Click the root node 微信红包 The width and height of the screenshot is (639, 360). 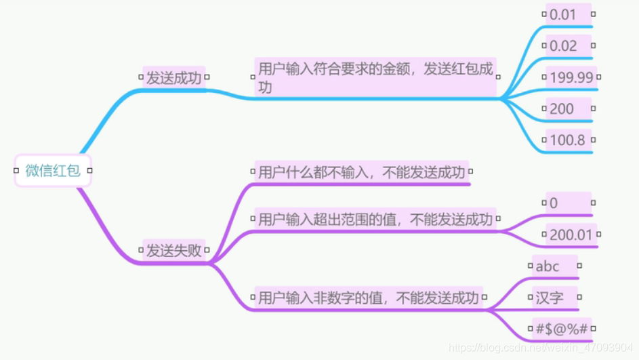53,171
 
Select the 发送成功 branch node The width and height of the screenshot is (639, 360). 174,78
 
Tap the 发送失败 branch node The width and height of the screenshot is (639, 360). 174,250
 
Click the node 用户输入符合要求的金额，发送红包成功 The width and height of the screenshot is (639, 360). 375,77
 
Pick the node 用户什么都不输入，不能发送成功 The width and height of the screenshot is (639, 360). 362,172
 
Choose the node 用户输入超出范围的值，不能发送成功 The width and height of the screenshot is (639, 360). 375,219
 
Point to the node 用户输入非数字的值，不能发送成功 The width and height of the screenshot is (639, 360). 369,298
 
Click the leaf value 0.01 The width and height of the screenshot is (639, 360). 563,14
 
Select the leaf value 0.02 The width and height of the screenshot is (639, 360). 563,46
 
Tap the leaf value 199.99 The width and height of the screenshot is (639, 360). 571,77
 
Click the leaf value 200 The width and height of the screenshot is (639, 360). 562,108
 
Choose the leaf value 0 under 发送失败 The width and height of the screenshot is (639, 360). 554,203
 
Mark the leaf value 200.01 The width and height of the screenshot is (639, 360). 571,235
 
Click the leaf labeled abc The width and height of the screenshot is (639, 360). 548,266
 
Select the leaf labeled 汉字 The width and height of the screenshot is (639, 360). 550,298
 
